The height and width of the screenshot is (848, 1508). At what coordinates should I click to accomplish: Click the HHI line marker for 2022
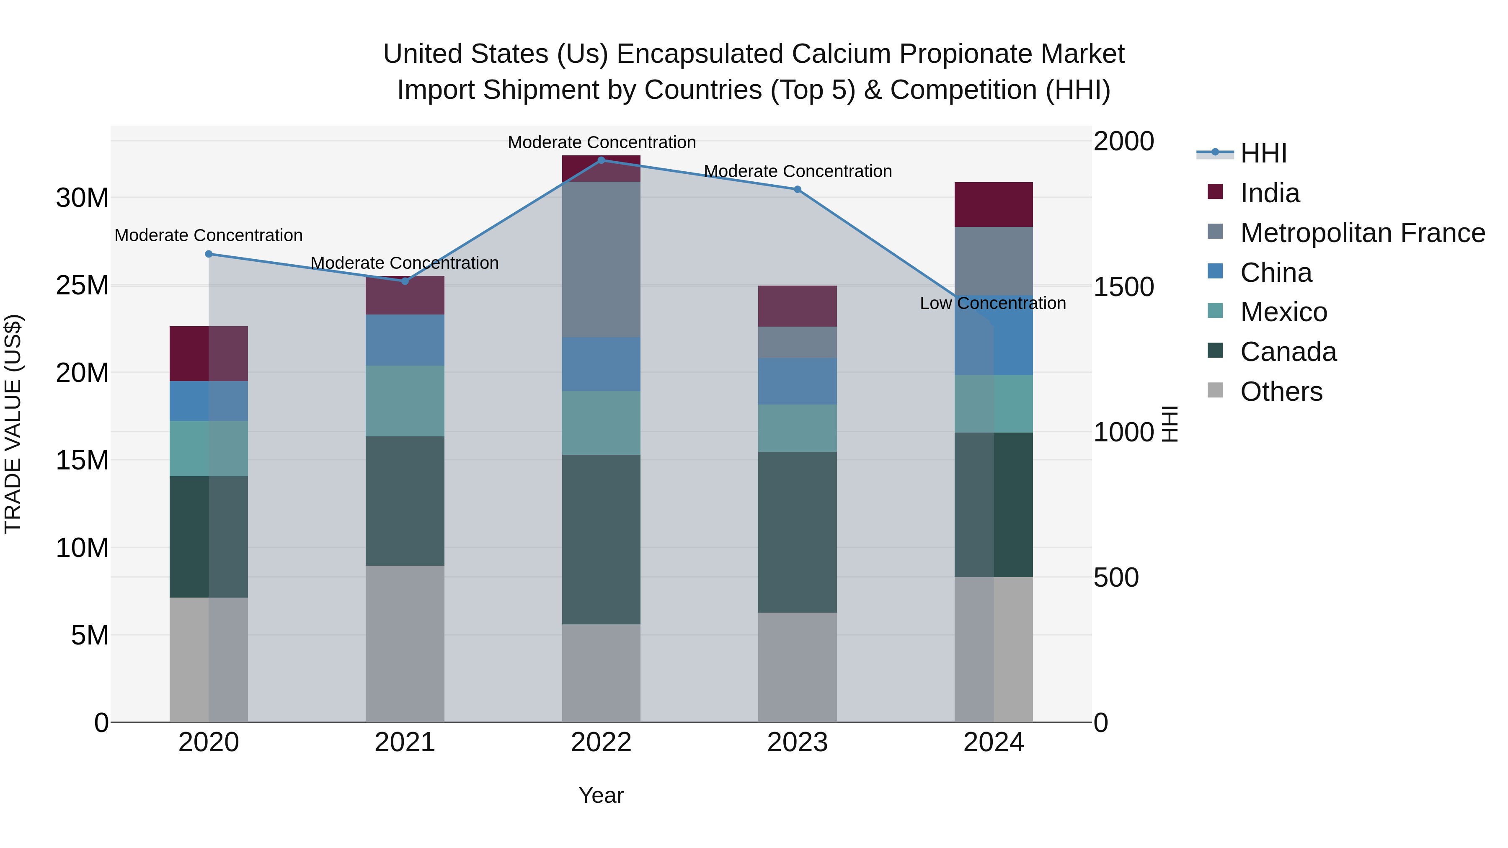(601, 160)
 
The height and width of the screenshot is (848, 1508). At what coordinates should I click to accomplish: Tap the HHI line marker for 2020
(209, 254)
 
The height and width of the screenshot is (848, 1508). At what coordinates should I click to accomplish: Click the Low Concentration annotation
(992, 303)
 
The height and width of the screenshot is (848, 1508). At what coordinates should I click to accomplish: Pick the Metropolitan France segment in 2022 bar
(601, 259)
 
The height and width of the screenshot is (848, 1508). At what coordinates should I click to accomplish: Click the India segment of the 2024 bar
(994, 204)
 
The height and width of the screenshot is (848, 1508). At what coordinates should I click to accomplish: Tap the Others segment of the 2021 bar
(405, 644)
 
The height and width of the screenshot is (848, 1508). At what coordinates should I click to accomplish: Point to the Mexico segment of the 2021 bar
(405, 401)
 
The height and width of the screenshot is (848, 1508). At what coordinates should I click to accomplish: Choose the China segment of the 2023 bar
(797, 381)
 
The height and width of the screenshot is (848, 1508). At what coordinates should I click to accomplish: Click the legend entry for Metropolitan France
(1362, 233)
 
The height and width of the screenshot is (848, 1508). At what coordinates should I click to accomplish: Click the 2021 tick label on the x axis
(405, 742)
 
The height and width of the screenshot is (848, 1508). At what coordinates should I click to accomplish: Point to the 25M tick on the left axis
(82, 286)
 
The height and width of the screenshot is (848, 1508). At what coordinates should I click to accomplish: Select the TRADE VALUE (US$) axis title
(13, 424)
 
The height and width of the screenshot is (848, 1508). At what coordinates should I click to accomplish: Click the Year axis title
(601, 795)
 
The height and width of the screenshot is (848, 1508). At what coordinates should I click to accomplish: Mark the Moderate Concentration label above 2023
(797, 171)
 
